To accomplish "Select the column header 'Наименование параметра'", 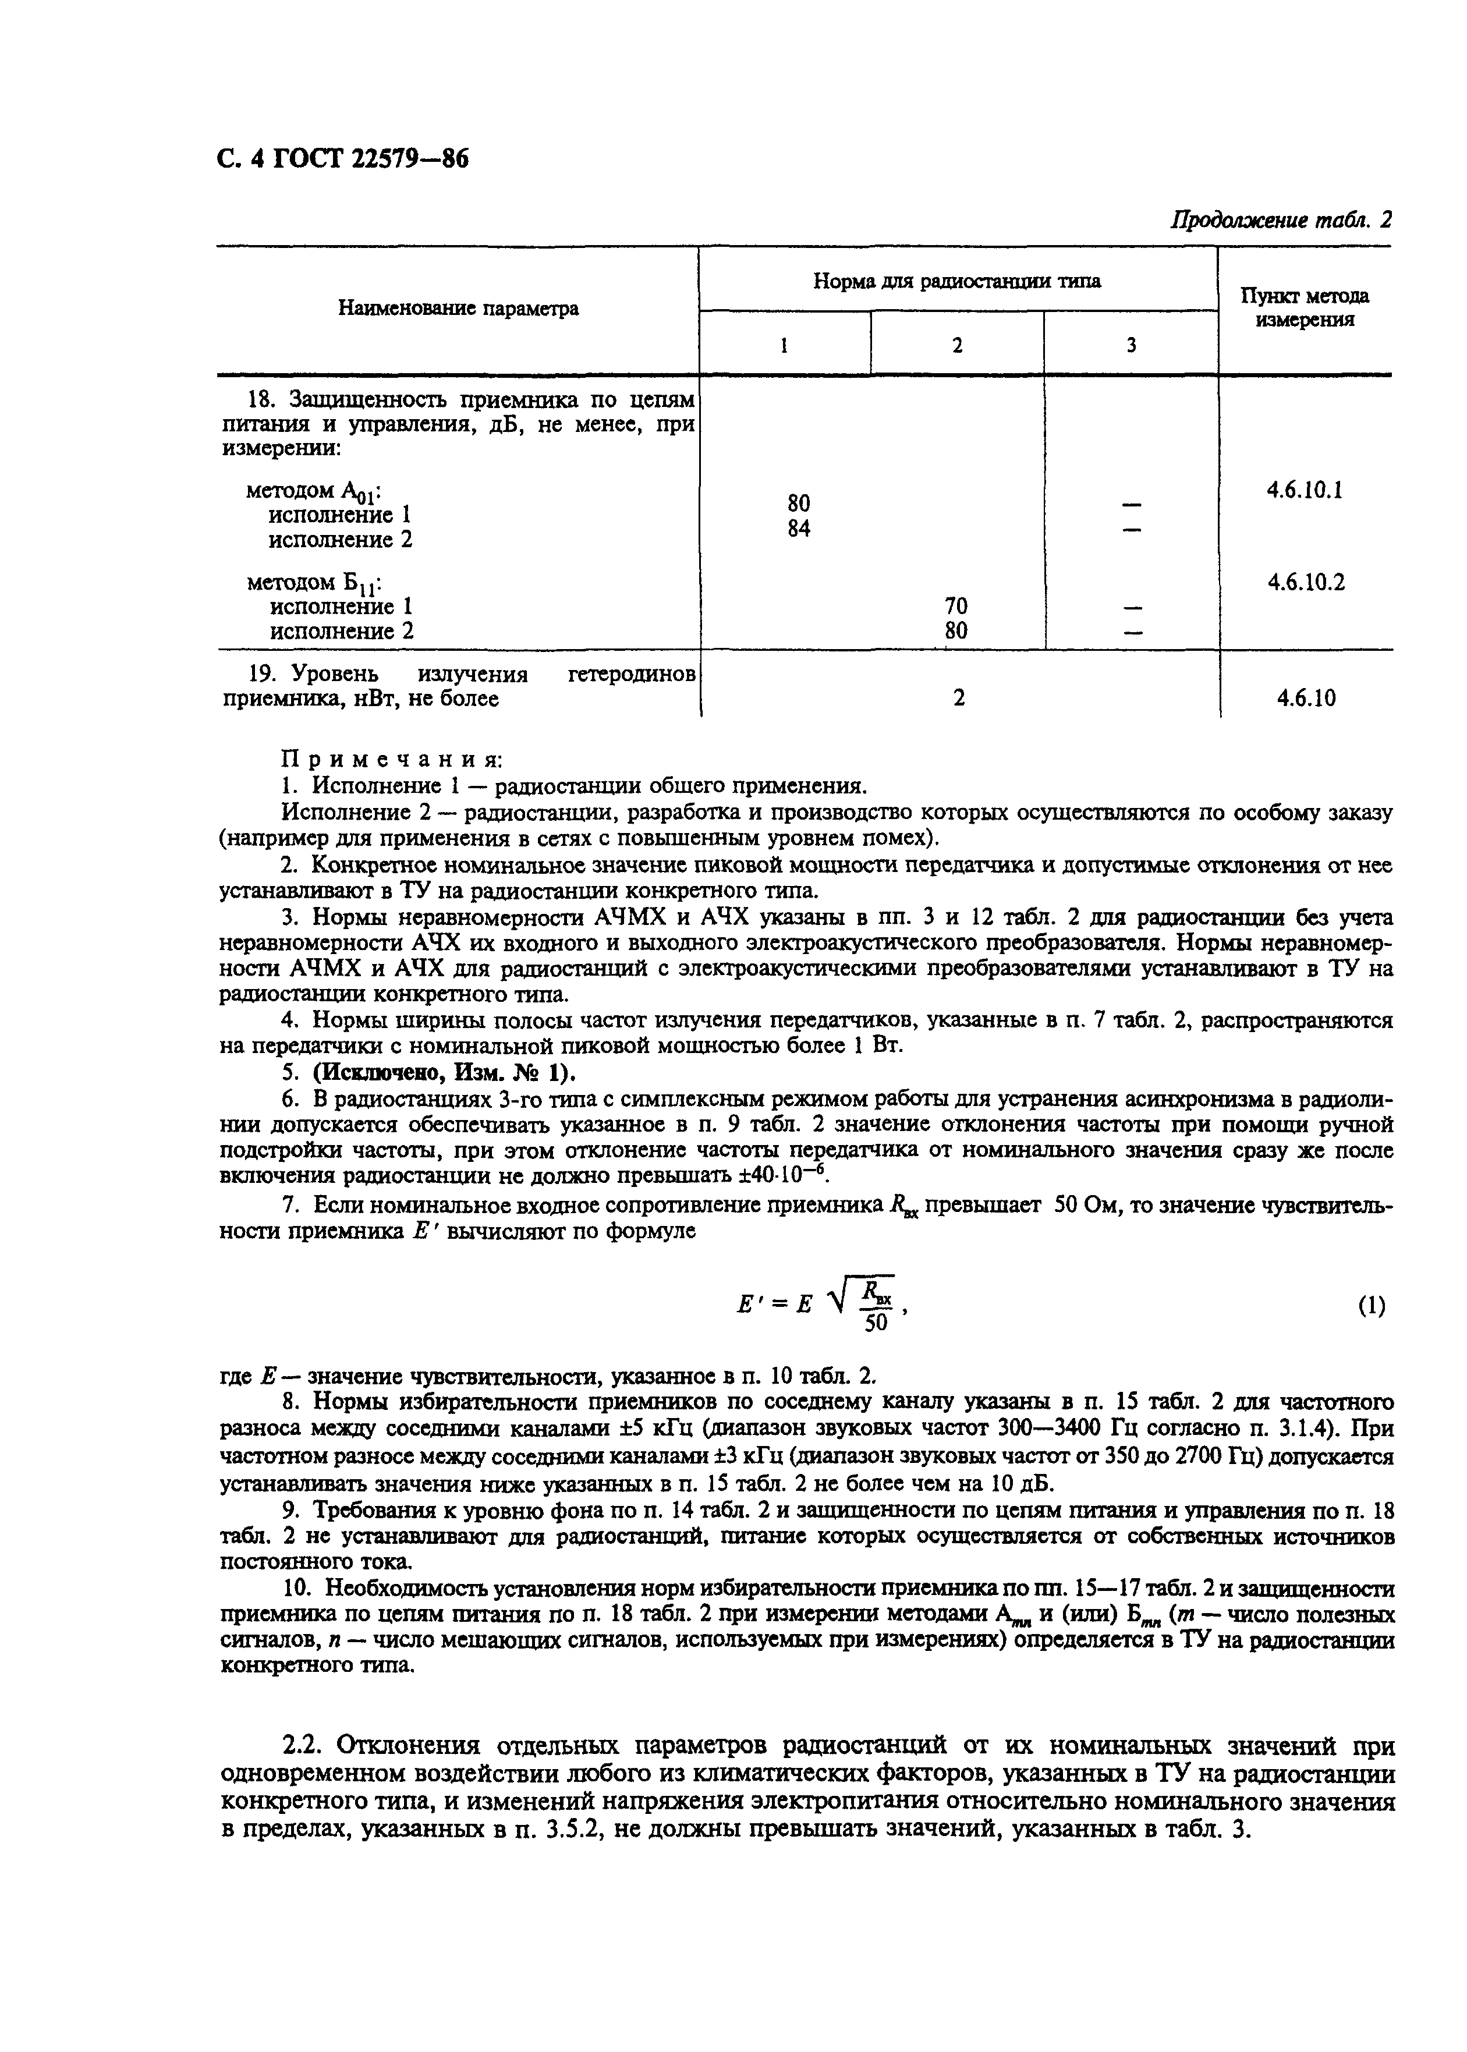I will (x=458, y=309).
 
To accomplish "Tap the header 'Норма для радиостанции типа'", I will (x=956, y=281).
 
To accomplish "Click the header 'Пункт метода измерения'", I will (x=1305, y=308).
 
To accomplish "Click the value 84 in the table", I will (x=799, y=529).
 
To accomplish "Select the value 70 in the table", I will (x=956, y=606).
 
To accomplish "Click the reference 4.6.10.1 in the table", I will (x=1305, y=490).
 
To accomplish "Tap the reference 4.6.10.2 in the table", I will (x=1305, y=583).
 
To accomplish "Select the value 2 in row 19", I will (x=958, y=697).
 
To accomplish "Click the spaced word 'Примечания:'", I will (x=391, y=758).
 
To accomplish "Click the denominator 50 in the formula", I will (x=876, y=1322).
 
